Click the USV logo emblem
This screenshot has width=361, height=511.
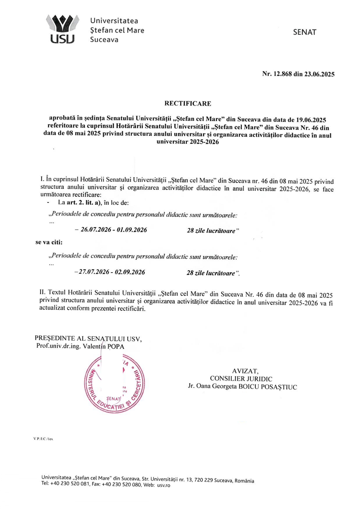pyautogui.click(x=62, y=29)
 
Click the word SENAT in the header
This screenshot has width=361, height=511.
pyautogui.click(x=305, y=32)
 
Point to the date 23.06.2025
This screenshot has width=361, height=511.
pyautogui.click(x=319, y=74)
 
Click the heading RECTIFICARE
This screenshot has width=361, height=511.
pyautogui.click(x=188, y=103)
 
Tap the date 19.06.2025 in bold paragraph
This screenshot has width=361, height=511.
pyautogui.click(x=311, y=120)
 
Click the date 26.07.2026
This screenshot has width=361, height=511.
pyautogui.click(x=96, y=230)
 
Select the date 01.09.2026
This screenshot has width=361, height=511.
pyautogui.click(x=132, y=230)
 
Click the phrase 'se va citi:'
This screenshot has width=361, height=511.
pyautogui.click(x=49, y=242)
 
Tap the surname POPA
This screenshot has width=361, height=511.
pyautogui.click(x=116, y=346)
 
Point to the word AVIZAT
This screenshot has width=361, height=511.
pyautogui.click(x=245, y=371)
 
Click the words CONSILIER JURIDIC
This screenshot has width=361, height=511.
pyautogui.click(x=241, y=379)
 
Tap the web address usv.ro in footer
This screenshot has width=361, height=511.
pyautogui.click(x=164, y=485)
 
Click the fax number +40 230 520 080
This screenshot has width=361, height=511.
pyautogui.click(x=122, y=485)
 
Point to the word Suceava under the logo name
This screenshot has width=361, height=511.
pyautogui.click(x=104, y=40)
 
